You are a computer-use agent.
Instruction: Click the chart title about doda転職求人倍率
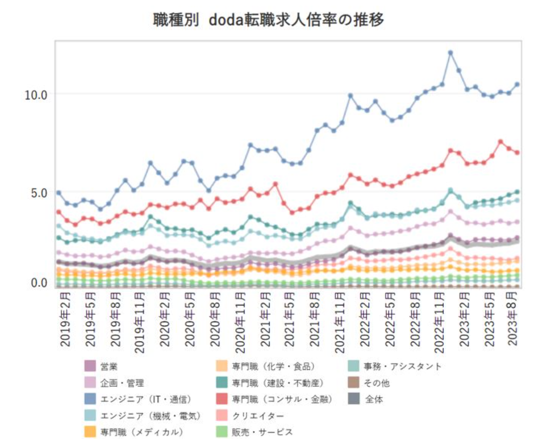pyautogui.click(x=268, y=19)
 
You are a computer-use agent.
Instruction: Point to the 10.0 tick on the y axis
pyautogui.click(x=36, y=95)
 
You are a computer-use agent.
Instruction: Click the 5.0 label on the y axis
pyautogui.click(x=39, y=193)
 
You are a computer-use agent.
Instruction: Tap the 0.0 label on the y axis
pyautogui.click(x=39, y=282)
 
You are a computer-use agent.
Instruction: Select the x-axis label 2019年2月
pyautogui.click(x=65, y=319)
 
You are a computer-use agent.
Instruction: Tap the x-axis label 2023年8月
pyautogui.click(x=513, y=319)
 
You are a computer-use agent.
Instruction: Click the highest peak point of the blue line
pyautogui.click(x=450, y=52)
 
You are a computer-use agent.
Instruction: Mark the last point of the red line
pyautogui.click(x=517, y=152)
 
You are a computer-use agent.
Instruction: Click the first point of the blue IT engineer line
pyautogui.click(x=59, y=193)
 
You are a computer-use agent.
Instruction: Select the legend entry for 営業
pyautogui.click(x=109, y=367)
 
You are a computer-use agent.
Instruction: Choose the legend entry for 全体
pyautogui.click(x=374, y=400)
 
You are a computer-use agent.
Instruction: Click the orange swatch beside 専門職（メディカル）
pyautogui.click(x=90, y=432)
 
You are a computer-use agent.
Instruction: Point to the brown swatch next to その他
pyautogui.click(x=354, y=383)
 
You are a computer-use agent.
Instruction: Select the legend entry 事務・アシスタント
pyautogui.click(x=402, y=367)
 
